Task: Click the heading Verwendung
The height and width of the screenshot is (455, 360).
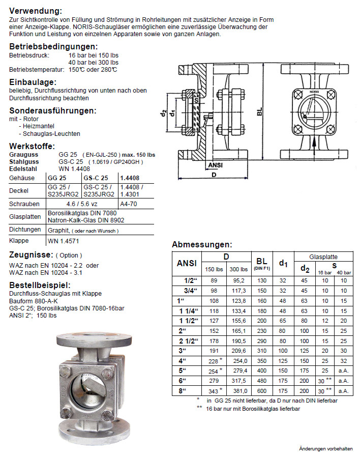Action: [x=36, y=11]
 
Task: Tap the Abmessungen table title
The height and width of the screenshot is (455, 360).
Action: [x=202, y=244]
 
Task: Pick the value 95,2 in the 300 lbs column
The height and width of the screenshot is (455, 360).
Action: [x=238, y=280]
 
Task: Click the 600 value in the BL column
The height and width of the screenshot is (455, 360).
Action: [x=262, y=391]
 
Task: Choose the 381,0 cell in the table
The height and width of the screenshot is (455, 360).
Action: [x=238, y=391]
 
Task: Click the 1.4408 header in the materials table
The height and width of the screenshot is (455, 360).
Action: [x=130, y=178]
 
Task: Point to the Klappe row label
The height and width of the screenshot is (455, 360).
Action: [x=20, y=241]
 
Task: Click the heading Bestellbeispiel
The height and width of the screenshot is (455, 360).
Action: [x=40, y=285]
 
